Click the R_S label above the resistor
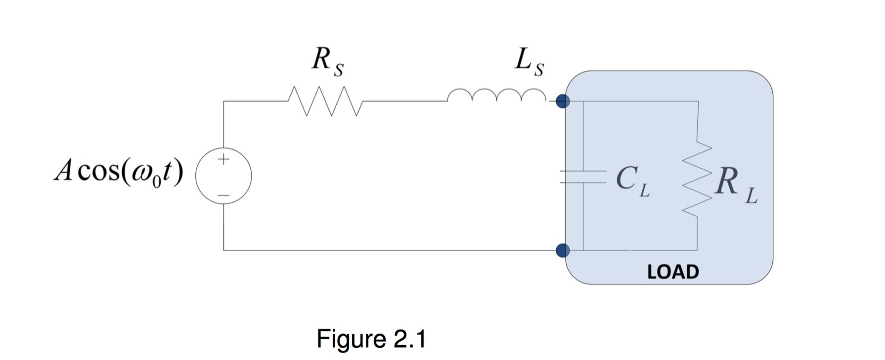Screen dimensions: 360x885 pos(327,62)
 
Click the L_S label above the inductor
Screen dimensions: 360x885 pos(529,62)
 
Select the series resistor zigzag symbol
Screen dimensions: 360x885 pos(325,101)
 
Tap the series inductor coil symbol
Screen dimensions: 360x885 pos(496,95)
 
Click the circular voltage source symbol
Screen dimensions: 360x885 pos(223,176)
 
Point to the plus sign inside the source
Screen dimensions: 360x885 pos(223,159)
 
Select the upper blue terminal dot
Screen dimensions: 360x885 pos(563,101)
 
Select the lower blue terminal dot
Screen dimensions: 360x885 pos(563,250)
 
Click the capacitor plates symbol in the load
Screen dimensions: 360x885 pos(583,177)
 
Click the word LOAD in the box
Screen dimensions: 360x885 pos(673,272)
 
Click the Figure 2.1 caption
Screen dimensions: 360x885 pos(371,339)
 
